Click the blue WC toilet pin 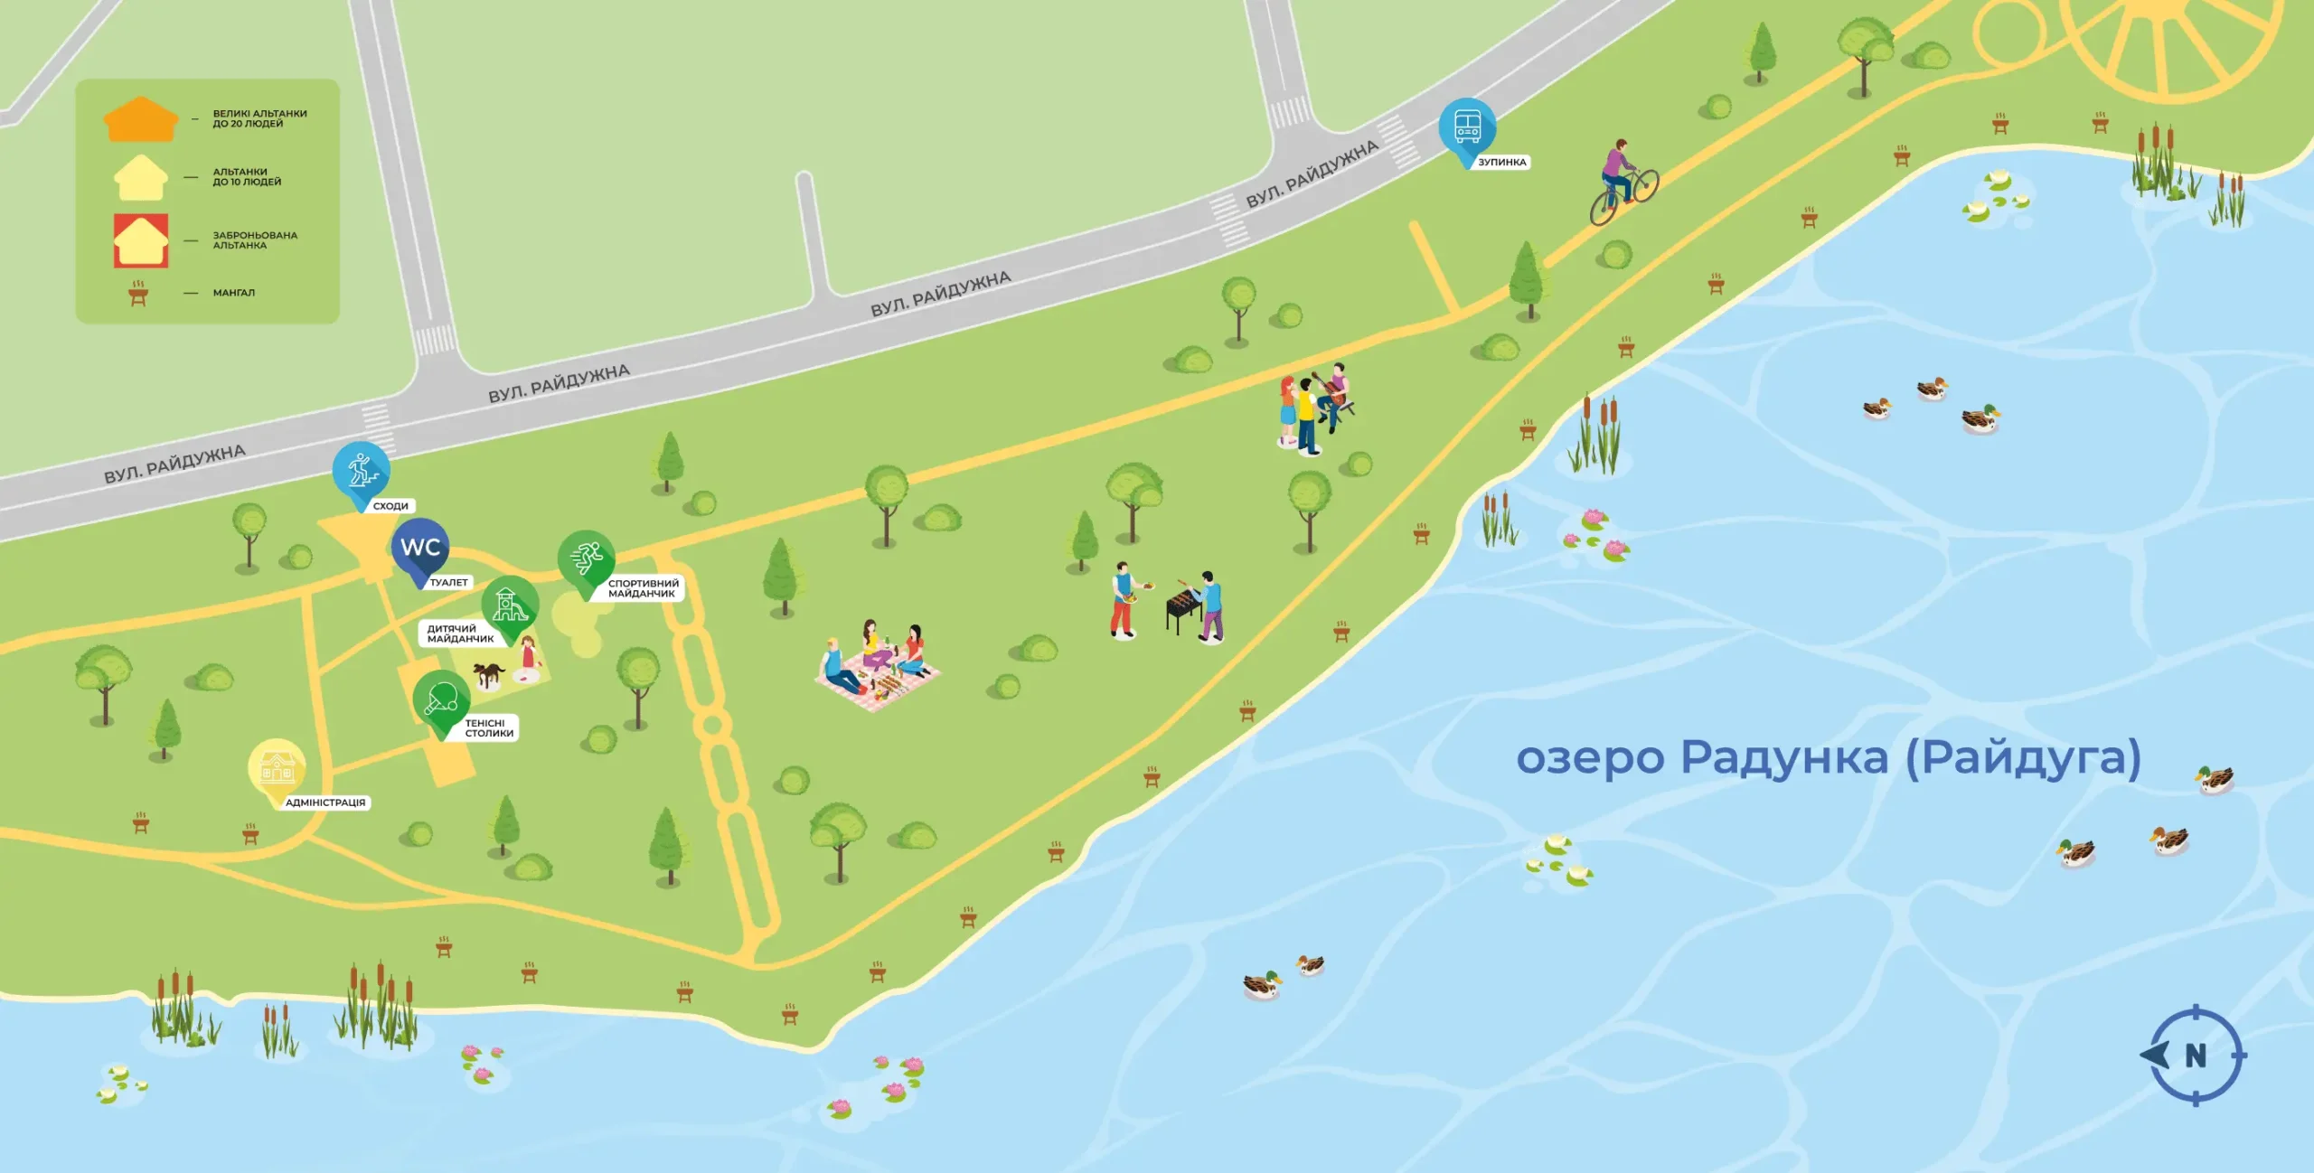[420, 548]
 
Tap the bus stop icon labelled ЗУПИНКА [1467, 127]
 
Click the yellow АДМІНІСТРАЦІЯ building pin [277, 768]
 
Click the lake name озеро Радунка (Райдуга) [1828, 757]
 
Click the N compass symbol [2195, 1055]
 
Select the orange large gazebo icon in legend [141, 119]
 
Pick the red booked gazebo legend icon [141, 240]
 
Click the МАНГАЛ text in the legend [234, 293]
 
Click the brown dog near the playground [488, 673]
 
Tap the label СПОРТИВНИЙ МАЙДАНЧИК [643, 588]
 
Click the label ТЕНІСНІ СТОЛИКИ [489, 728]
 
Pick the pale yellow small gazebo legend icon [141, 178]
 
